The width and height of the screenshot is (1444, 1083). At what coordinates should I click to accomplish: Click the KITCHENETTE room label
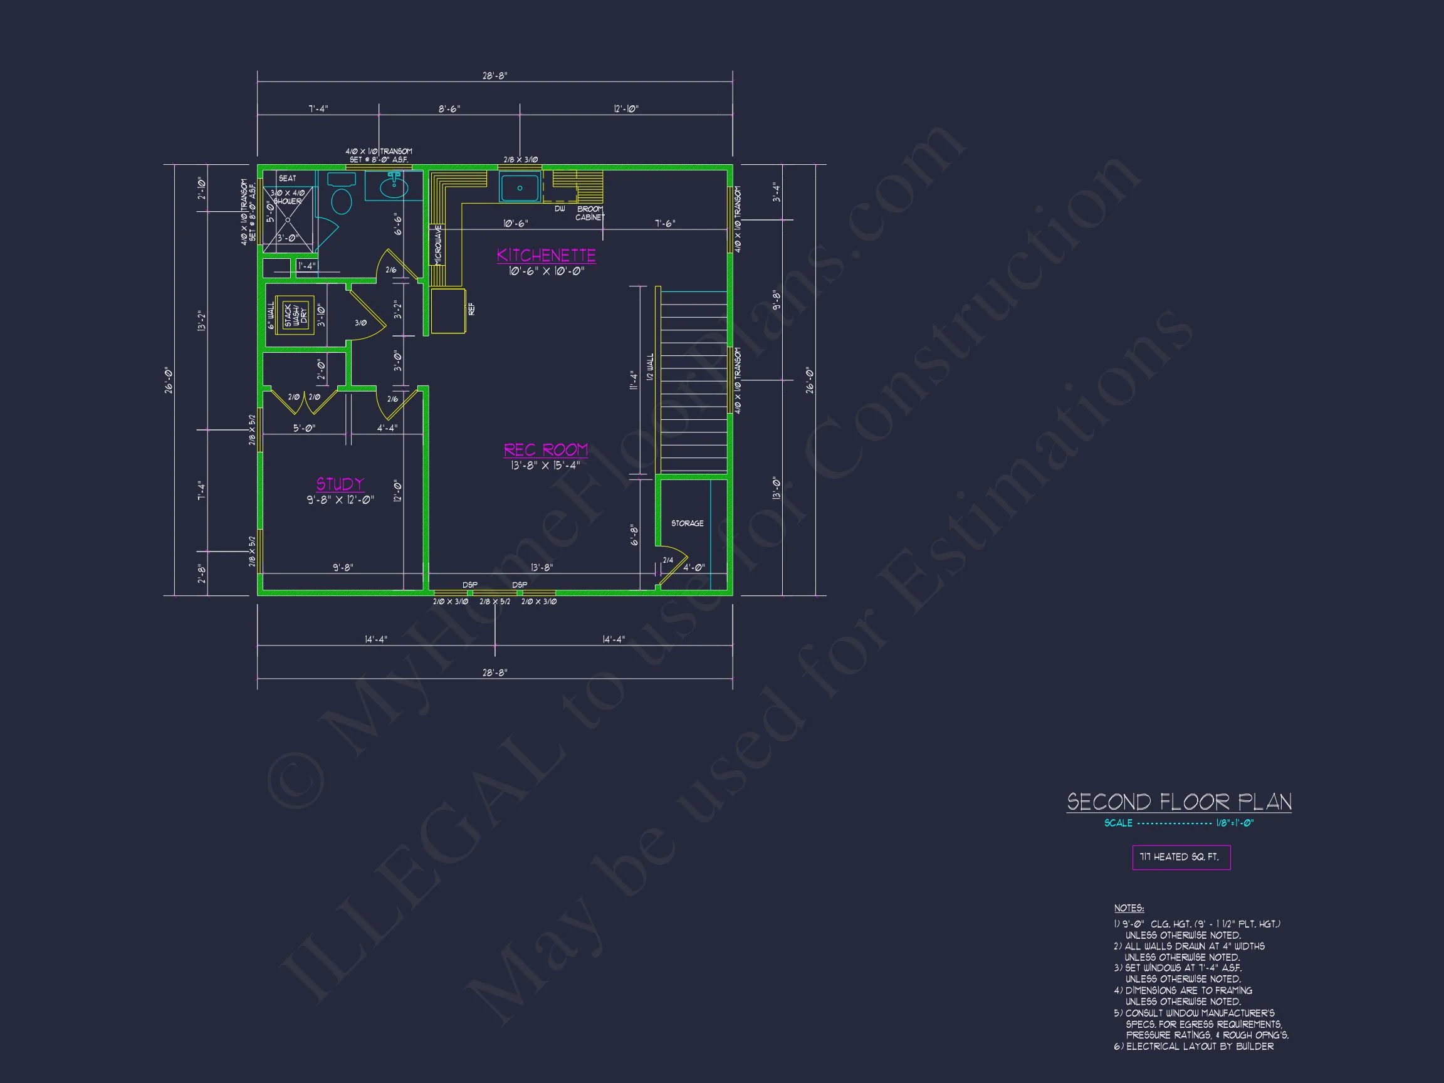click(546, 255)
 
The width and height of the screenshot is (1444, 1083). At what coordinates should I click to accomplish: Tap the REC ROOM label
click(546, 450)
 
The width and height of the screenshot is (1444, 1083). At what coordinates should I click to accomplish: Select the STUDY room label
click(340, 484)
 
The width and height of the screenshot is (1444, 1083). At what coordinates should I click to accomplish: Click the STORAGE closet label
click(687, 523)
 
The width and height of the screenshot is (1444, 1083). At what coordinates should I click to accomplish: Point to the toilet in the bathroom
click(341, 197)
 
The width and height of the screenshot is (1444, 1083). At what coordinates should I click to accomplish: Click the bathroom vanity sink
click(394, 187)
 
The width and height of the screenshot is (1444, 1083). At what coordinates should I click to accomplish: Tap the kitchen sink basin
click(520, 188)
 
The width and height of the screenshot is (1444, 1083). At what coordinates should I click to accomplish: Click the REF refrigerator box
click(447, 311)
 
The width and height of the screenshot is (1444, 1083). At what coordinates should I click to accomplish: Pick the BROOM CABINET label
click(590, 214)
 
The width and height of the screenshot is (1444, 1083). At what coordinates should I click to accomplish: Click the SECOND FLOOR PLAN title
click(1179, 802)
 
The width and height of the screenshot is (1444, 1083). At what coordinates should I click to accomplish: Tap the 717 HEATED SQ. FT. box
click(1181, 857)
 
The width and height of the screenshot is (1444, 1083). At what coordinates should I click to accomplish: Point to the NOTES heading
click(1129, 908)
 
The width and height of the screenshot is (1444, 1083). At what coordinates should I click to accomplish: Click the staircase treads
click(693, 382)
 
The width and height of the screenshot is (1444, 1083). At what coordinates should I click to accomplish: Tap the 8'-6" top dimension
click(449, 109)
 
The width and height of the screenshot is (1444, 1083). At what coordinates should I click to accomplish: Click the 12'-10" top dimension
click(625, 109)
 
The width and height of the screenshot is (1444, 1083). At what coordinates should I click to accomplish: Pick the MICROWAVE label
click(438, 244)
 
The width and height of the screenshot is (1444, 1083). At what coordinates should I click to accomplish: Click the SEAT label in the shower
click(287, 178)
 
